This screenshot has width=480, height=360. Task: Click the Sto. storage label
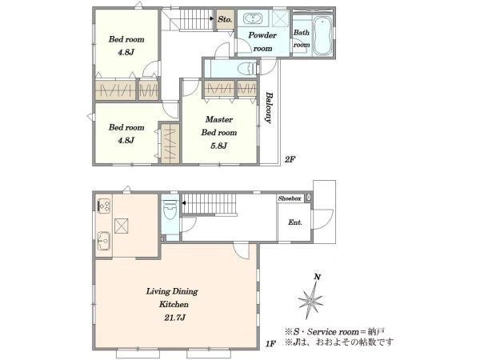(x=225, y=19)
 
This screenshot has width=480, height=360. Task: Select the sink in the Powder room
(x=253, y=19)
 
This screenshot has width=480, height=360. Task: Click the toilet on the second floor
(x=247, y=68)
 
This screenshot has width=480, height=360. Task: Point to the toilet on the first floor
(x=170, y=210)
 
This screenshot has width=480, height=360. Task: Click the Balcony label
(x=269, y=107)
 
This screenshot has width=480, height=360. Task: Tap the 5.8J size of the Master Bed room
(x=218, y=146)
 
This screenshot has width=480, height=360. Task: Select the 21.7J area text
(x=174, y=318)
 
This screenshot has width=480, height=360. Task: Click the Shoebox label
(x=290, y=198)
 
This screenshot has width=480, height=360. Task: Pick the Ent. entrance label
(x=294, y=222)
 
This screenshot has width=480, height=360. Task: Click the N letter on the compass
(x=318, y=277)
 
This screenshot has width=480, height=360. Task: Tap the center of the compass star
(x=310, y=299)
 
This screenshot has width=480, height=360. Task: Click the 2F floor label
(x=290, y=159)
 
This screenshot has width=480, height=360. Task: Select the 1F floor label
(x=270, y=344)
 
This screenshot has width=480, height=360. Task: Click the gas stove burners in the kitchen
(x=104, y=205)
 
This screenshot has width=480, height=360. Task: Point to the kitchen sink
(x=103, y=241)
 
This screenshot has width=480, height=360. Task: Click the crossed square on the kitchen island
(x=122, y=226)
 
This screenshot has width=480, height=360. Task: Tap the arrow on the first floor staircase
(x=183, y=202)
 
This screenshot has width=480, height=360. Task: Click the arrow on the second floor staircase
(x=212, y=18)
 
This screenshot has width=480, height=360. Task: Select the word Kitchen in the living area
(x=174, y=304)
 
